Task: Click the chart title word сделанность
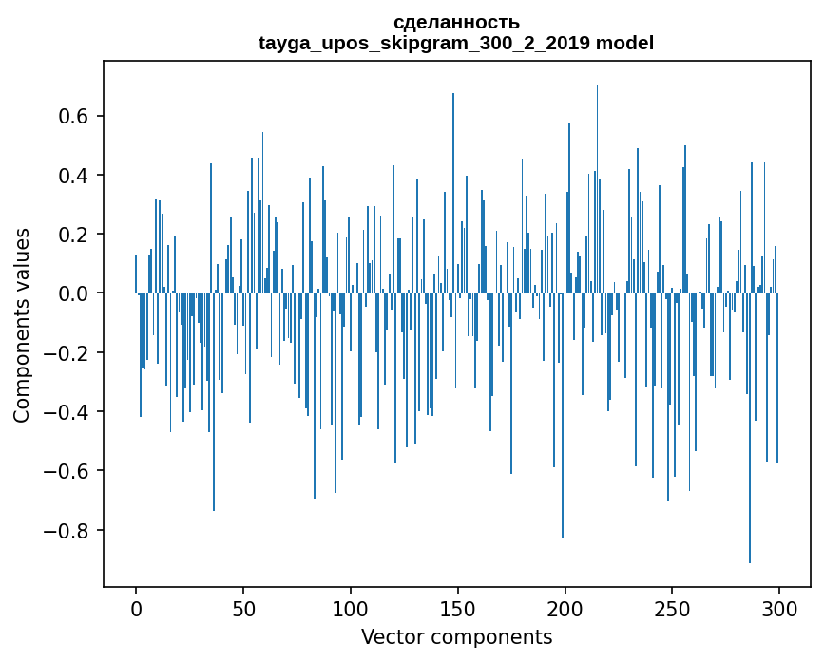click(x=456, y=22)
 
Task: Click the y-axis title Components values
click(x=22, y=325)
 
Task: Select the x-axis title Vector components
click(x=456, y=636)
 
